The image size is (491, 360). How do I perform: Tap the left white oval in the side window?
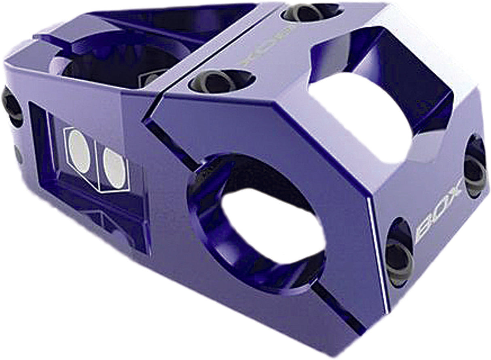point(78,151)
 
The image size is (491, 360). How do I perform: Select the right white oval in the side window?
point(114,168)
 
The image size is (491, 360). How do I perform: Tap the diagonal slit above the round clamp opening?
point(170,137)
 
